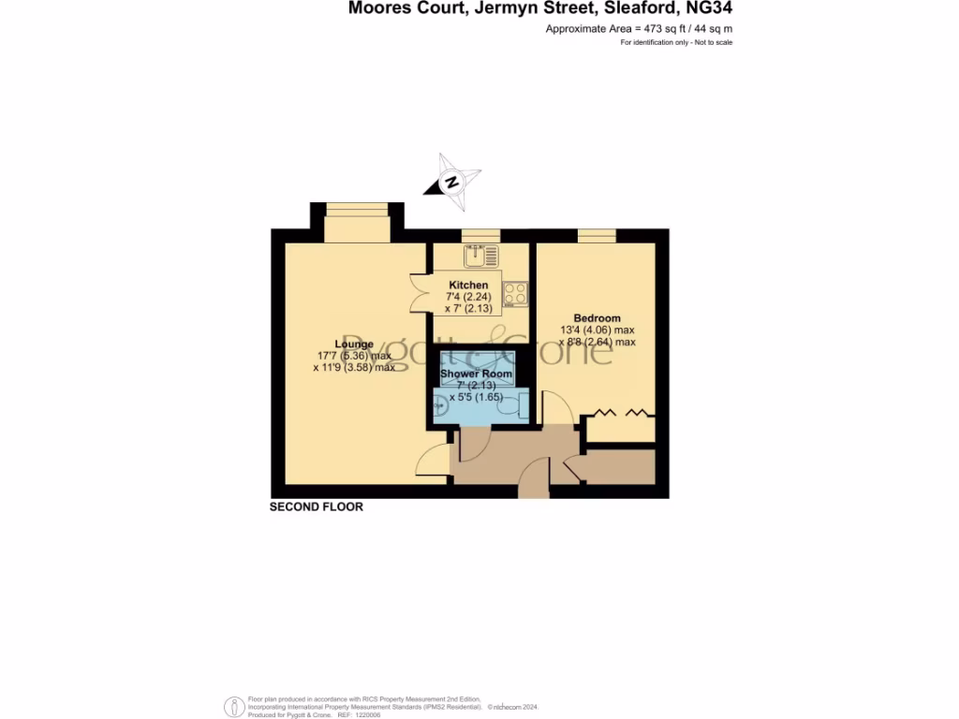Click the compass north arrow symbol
pyautogui.click(x=452, y=181)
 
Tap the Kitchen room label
pyautogui.click(x=468, y=285)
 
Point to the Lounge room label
pyautogui.click(x=355, y=344)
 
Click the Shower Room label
pyautogui.click(x=477, y=374)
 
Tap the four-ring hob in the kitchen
pyautogui.click(x=515, y=294)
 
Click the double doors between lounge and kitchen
pyautogui.click(x=419, y=291)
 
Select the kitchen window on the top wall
pyautogui.click(x=480, y=235)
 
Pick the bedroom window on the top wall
pyautogui.click(x=597, y=235)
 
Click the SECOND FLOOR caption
pyautogui.click(x=316, y=507)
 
